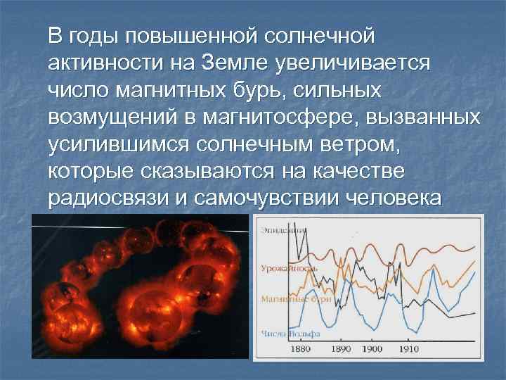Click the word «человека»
tap(394, 199)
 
